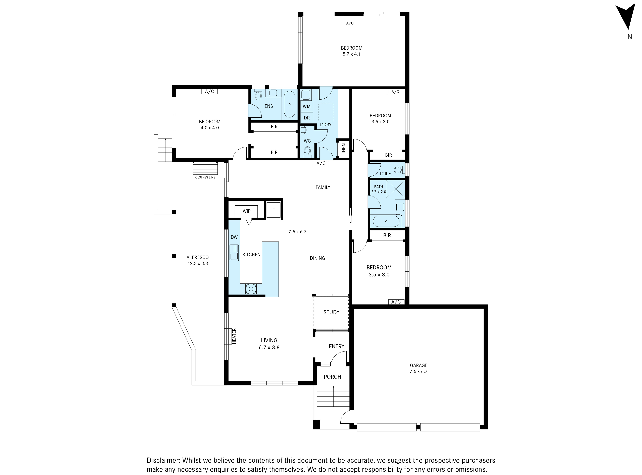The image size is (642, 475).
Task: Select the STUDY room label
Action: tap(331, 312)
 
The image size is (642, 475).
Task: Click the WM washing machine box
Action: tap(307, 106)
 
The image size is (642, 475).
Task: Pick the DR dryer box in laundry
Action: tap(307, 118)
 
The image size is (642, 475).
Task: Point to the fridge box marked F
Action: tap(273, 210)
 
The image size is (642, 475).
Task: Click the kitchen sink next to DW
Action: tap(234, 253)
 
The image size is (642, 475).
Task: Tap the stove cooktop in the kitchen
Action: tap(251, 289)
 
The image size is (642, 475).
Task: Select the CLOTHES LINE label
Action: tap(205, 177)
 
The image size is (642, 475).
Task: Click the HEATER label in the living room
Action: tap(234, 336)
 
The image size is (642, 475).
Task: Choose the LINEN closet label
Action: tap(343, 149)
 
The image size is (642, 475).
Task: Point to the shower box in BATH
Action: tap(395, 189)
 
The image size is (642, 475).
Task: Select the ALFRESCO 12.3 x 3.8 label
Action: tap(198, 260)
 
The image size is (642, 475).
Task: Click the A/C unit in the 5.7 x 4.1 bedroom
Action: tap(350, 18)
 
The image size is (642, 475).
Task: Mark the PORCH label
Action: tap(332, 377)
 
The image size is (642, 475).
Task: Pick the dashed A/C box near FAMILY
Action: tap(321, 164)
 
